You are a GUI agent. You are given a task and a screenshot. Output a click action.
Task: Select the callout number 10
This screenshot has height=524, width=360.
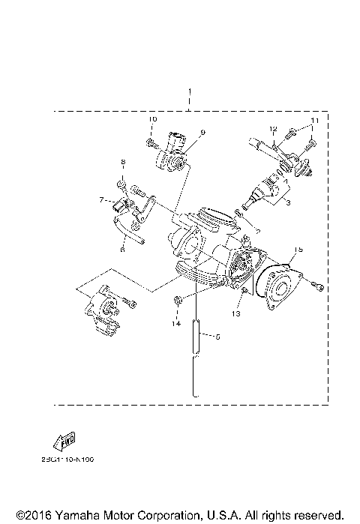pyautogui.click(x=151, y=120)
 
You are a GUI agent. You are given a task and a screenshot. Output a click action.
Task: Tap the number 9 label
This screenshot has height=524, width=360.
pyautogui.click(x=202, y=133)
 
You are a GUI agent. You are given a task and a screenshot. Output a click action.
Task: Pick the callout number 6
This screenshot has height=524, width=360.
pyautogui.click(x=122, y=250)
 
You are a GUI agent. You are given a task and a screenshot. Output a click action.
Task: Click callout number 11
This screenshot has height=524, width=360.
pyautogui.click(x=315, y=120)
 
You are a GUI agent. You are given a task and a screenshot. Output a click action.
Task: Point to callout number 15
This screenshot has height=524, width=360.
pyautogui.click(x=298, y=249)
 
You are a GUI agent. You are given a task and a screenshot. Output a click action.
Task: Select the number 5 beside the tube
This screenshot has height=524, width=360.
pyautogui.click(x=217, y=337)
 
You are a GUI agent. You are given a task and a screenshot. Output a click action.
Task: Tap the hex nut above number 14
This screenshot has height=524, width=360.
pyautogui.click(x=176, y=301)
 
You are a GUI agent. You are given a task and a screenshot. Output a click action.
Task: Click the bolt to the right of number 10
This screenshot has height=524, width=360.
pyautogui.click(x=151, y=140)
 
